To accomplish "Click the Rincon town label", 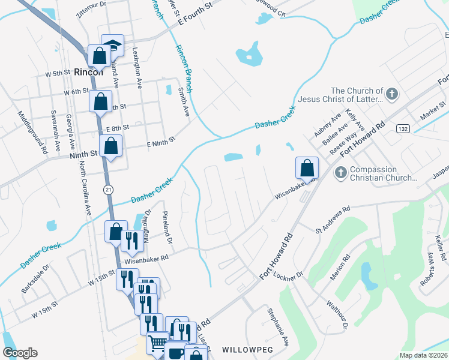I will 88,72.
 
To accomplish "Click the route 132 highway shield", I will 403,130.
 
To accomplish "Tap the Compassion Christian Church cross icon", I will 340,173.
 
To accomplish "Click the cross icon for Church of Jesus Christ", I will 392,94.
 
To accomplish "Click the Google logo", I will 20,353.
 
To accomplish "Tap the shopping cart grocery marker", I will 157,343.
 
